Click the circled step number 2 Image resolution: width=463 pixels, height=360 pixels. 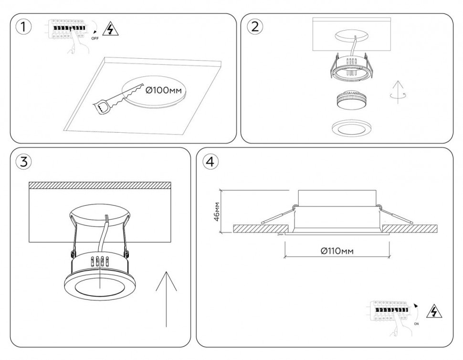click(255, 27)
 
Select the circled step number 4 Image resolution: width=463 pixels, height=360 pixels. click(210, 161)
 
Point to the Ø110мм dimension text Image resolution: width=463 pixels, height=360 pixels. click(337, 251)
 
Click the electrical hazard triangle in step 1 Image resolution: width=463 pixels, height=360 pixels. click(111, 30)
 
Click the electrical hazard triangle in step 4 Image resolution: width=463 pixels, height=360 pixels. click(434, 311)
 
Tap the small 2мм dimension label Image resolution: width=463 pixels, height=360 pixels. click(280, 235)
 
